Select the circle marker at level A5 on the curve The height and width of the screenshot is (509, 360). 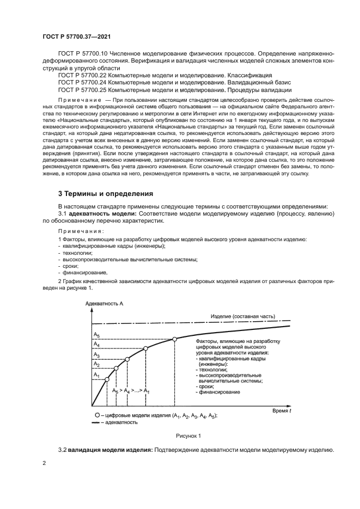click(175, 339)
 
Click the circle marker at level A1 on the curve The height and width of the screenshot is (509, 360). click(107, 379)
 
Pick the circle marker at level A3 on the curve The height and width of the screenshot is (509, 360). click(127, 359)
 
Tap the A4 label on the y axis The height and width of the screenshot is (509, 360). click(96, 344)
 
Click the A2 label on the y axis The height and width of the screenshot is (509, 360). click(96, 364)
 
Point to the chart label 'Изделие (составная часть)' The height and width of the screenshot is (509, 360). click(242, 316)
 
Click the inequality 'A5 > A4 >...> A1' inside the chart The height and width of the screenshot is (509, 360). click(131, 391)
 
